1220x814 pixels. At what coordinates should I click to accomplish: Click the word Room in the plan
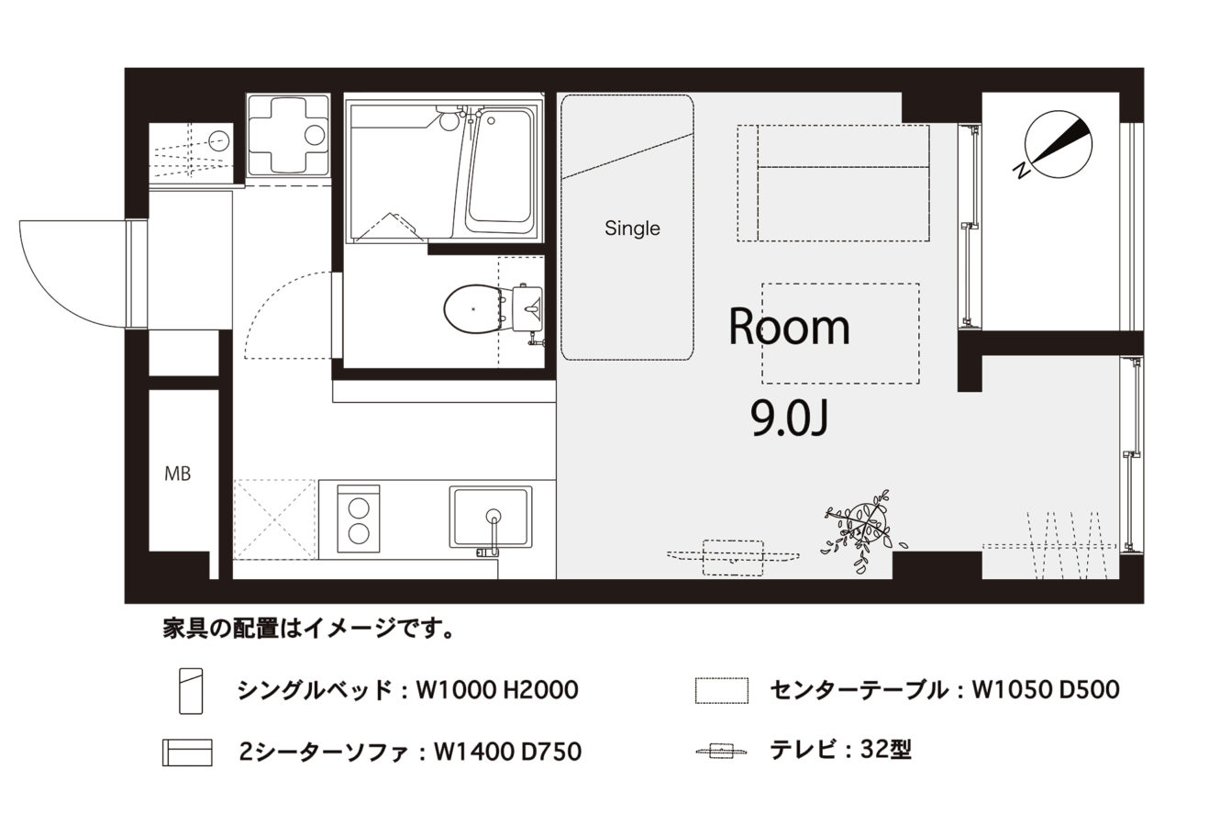[x=789, y=327]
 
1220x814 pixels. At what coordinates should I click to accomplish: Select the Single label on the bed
[x=632, y=228]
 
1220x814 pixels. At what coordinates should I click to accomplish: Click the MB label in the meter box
[x=178, y=474]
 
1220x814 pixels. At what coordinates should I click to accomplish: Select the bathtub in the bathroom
[x=499, y=173]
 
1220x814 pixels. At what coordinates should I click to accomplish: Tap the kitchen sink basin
[x=491, y=517]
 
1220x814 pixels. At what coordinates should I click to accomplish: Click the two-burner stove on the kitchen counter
[x=359, y=519]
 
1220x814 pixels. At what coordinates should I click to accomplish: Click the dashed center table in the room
[x=840, y=333]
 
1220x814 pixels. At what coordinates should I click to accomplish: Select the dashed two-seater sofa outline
[x=833, y=183]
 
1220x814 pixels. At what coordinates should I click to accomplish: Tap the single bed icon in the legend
[x=191, y=691]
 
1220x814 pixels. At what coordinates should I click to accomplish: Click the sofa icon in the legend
[x=187, y=753]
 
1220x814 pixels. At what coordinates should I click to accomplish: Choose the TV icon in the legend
[x=721, y=752]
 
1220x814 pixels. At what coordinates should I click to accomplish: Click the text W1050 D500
[x=1046, y=690]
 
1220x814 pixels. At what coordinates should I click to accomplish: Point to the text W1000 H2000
[x=497, y=690]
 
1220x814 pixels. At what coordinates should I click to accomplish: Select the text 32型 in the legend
[x=886, y=750]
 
